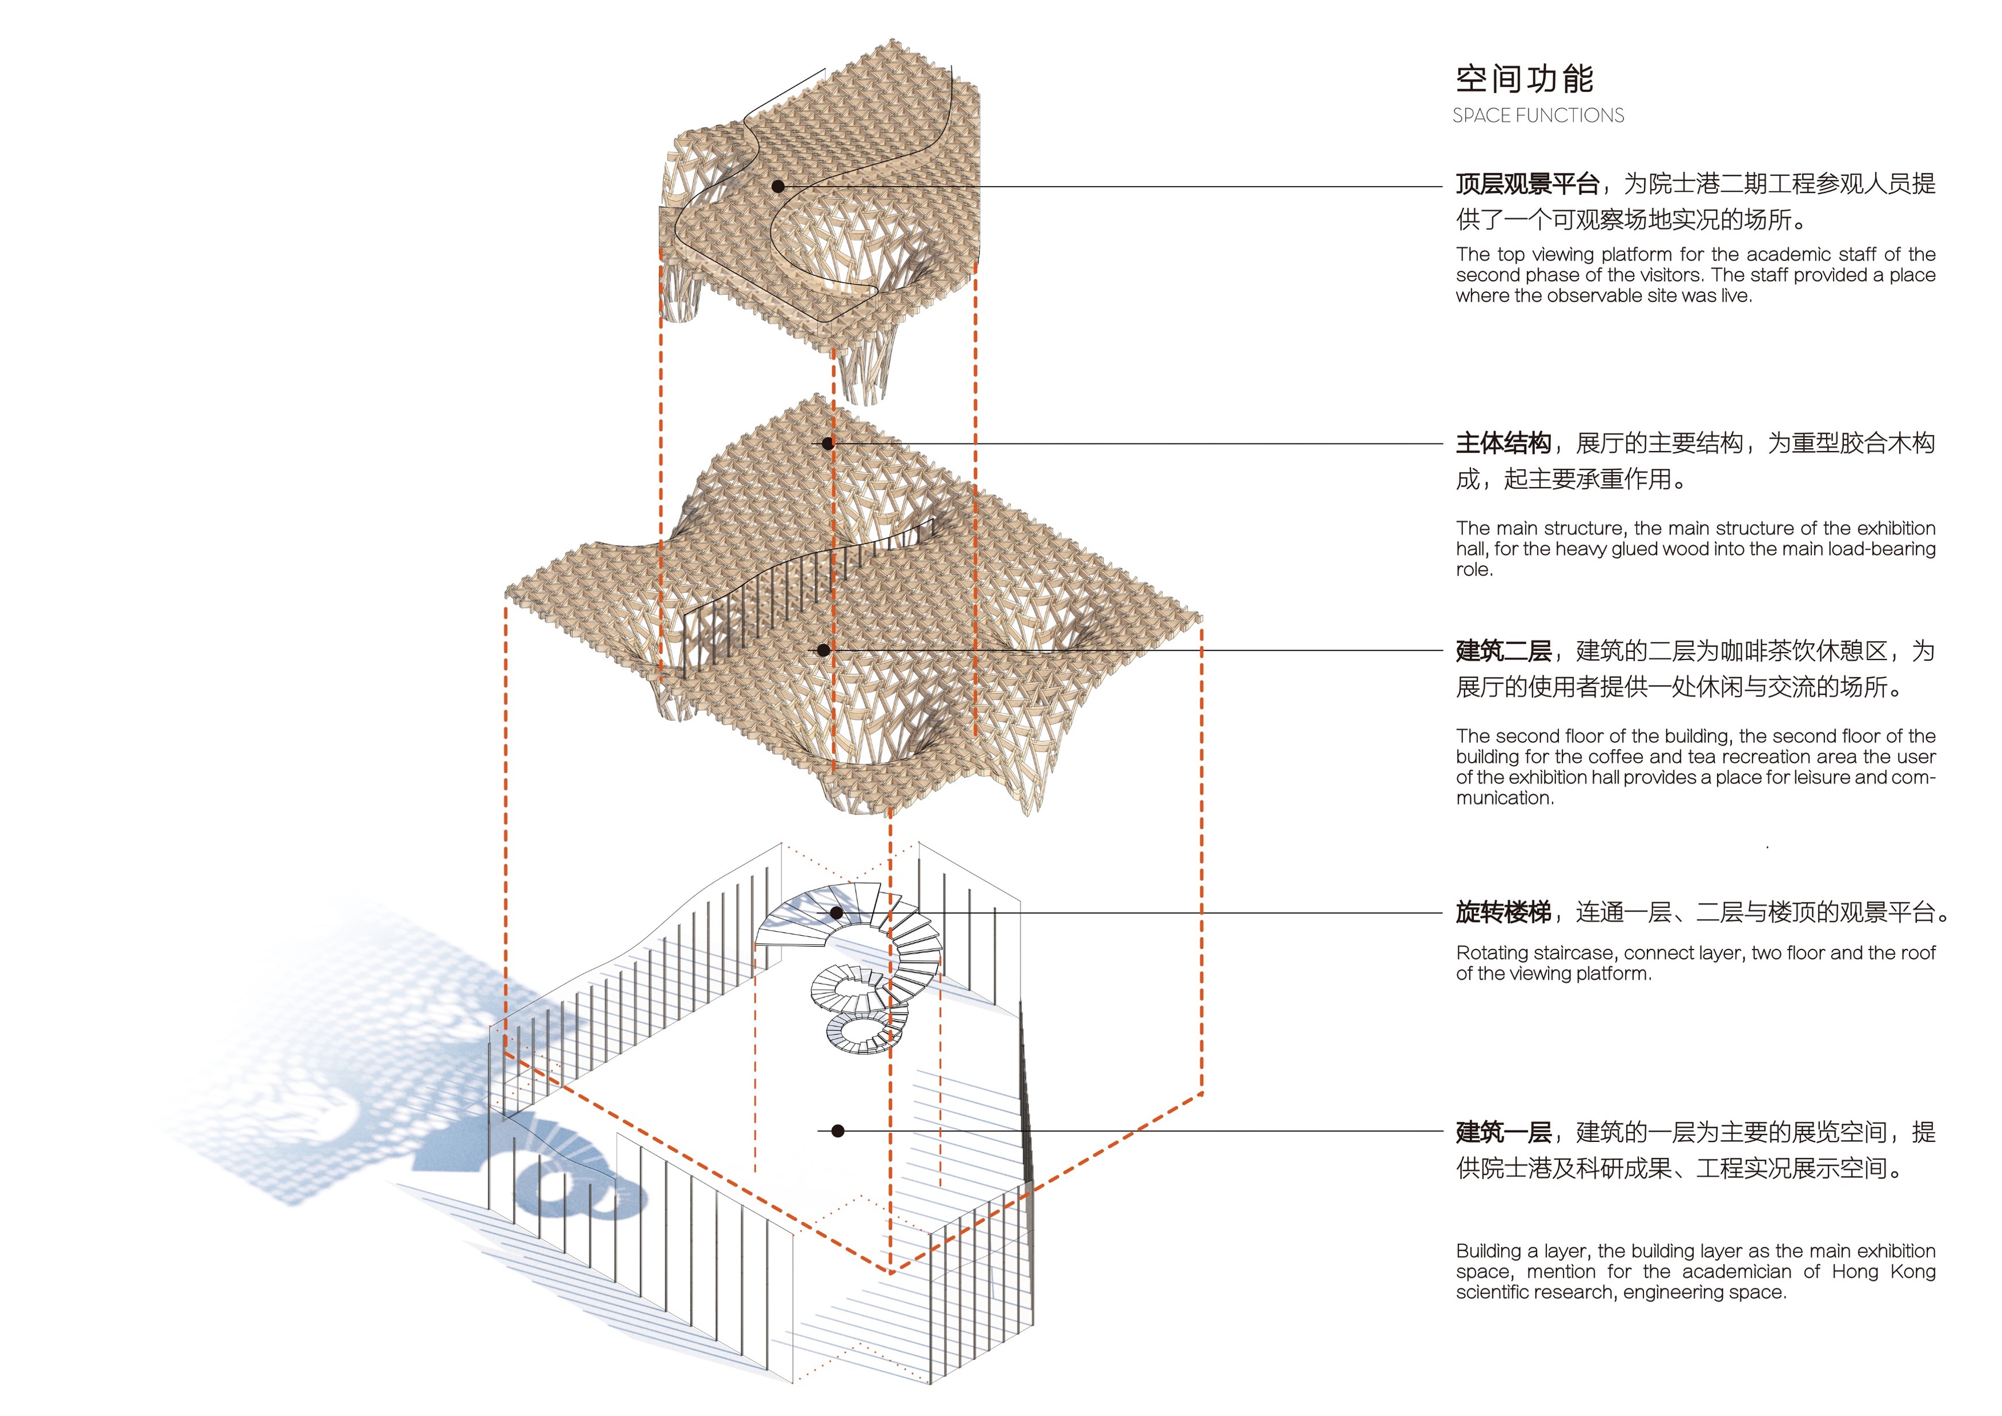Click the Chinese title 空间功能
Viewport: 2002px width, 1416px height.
(x=1524, y=79)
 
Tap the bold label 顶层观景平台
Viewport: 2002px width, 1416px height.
(x=1527, y=184)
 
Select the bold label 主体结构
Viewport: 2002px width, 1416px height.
(x=1503, y=444)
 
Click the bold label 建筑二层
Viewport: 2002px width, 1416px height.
(x=1503, y=651)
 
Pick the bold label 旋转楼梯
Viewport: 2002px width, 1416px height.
(x=1503, y=913)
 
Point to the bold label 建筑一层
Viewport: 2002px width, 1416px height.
(x=1503, y=1133)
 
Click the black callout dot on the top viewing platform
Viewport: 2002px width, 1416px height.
(x=779, y=186)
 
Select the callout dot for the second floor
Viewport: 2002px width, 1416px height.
(x=823, y=650)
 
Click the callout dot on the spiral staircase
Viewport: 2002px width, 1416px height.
(x=836, y=913)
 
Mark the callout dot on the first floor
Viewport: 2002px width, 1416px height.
(x=837, y=1131)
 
